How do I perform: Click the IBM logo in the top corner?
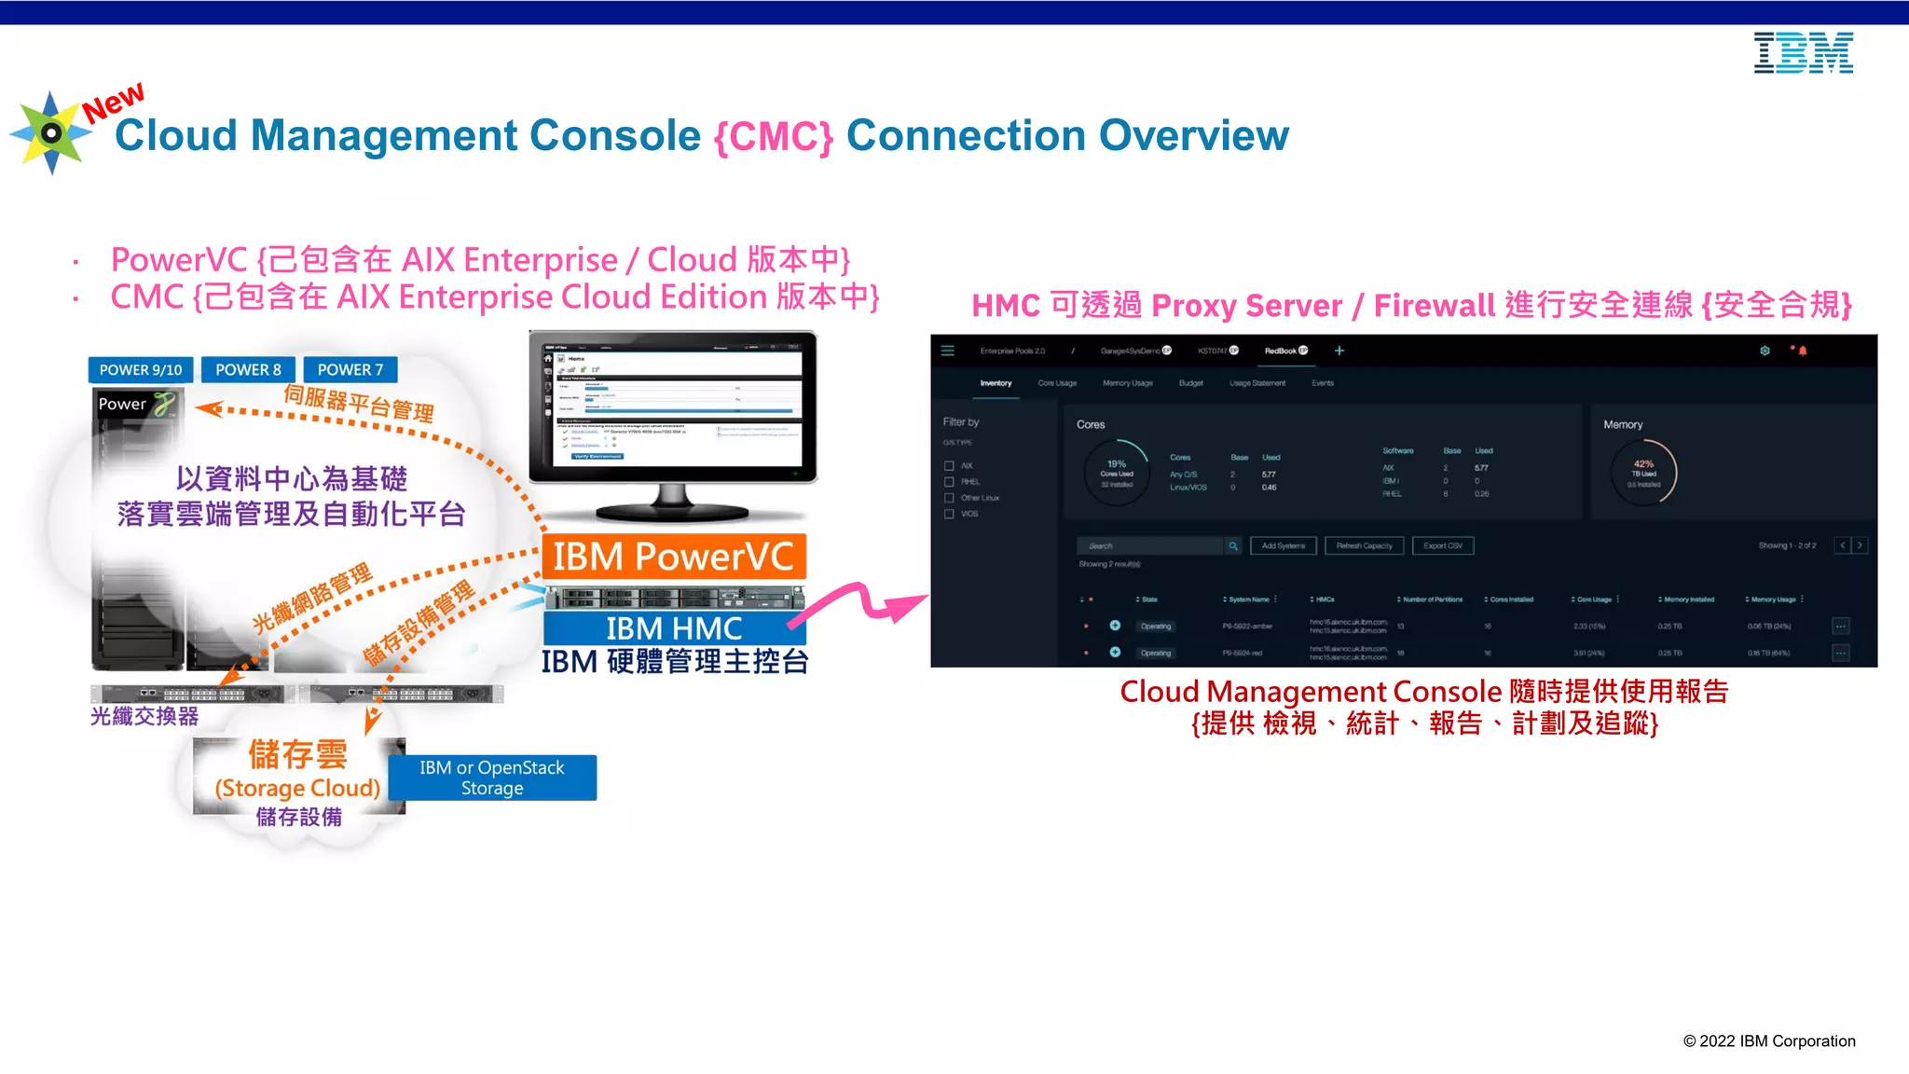1803,53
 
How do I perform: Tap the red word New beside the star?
113,102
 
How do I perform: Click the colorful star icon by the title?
50,133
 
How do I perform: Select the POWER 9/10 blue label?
141,370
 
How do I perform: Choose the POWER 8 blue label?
248,370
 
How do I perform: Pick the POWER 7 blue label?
350,370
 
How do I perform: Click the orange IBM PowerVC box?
673,557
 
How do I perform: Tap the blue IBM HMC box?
673,627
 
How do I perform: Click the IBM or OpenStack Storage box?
492,778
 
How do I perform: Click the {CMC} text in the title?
773,136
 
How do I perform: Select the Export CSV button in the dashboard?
1442,545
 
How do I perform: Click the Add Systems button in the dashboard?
1283,545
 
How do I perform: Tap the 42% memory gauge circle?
1643,473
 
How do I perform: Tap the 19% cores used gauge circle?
1117,473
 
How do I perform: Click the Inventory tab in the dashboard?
996,383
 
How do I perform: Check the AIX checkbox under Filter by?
949,465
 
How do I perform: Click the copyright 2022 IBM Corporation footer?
1768,1041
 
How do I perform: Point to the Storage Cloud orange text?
297,788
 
